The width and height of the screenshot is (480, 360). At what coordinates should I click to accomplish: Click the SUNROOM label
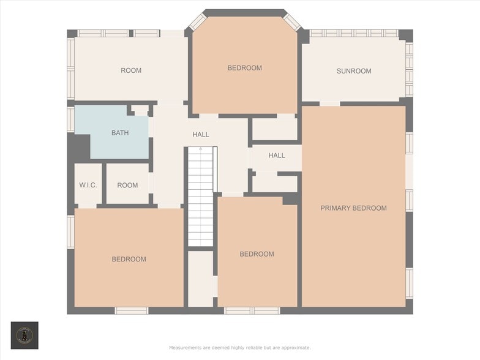(354, 71)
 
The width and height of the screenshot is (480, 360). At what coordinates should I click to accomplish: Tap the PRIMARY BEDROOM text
(353, 208)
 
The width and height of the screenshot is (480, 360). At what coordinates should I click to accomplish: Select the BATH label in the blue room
(120, 133)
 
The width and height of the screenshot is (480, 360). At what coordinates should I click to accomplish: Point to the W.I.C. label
(88, 185)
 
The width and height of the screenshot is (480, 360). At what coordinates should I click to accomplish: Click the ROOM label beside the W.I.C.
(127, 185)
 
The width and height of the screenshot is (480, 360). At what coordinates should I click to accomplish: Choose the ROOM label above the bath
(131, 70)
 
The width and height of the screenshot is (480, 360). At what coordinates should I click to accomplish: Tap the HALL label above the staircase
(201, 135)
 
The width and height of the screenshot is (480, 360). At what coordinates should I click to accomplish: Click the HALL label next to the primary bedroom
(277, 156)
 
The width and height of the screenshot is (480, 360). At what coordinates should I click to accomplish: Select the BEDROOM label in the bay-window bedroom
(245, 68)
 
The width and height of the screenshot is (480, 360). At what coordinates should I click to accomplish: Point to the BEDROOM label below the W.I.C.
(129, 259)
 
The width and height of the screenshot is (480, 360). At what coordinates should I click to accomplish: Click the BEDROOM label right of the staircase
(257, 254)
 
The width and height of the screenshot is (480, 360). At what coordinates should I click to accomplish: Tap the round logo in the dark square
(24, 335)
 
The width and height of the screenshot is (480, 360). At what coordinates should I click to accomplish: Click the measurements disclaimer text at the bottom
(240, 348)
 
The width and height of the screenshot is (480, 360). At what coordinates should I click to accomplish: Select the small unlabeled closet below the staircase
(200, 279)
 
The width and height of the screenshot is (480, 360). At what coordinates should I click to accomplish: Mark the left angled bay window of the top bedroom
(197, 22)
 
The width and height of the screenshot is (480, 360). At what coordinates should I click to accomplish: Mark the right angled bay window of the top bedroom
(292, 22)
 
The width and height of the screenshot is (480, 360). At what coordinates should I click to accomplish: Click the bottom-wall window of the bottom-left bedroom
(132, 310)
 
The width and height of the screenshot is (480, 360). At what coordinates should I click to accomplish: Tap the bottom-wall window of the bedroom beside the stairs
(252, 310)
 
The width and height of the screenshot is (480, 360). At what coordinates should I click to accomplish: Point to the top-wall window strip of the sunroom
(353, 33)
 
